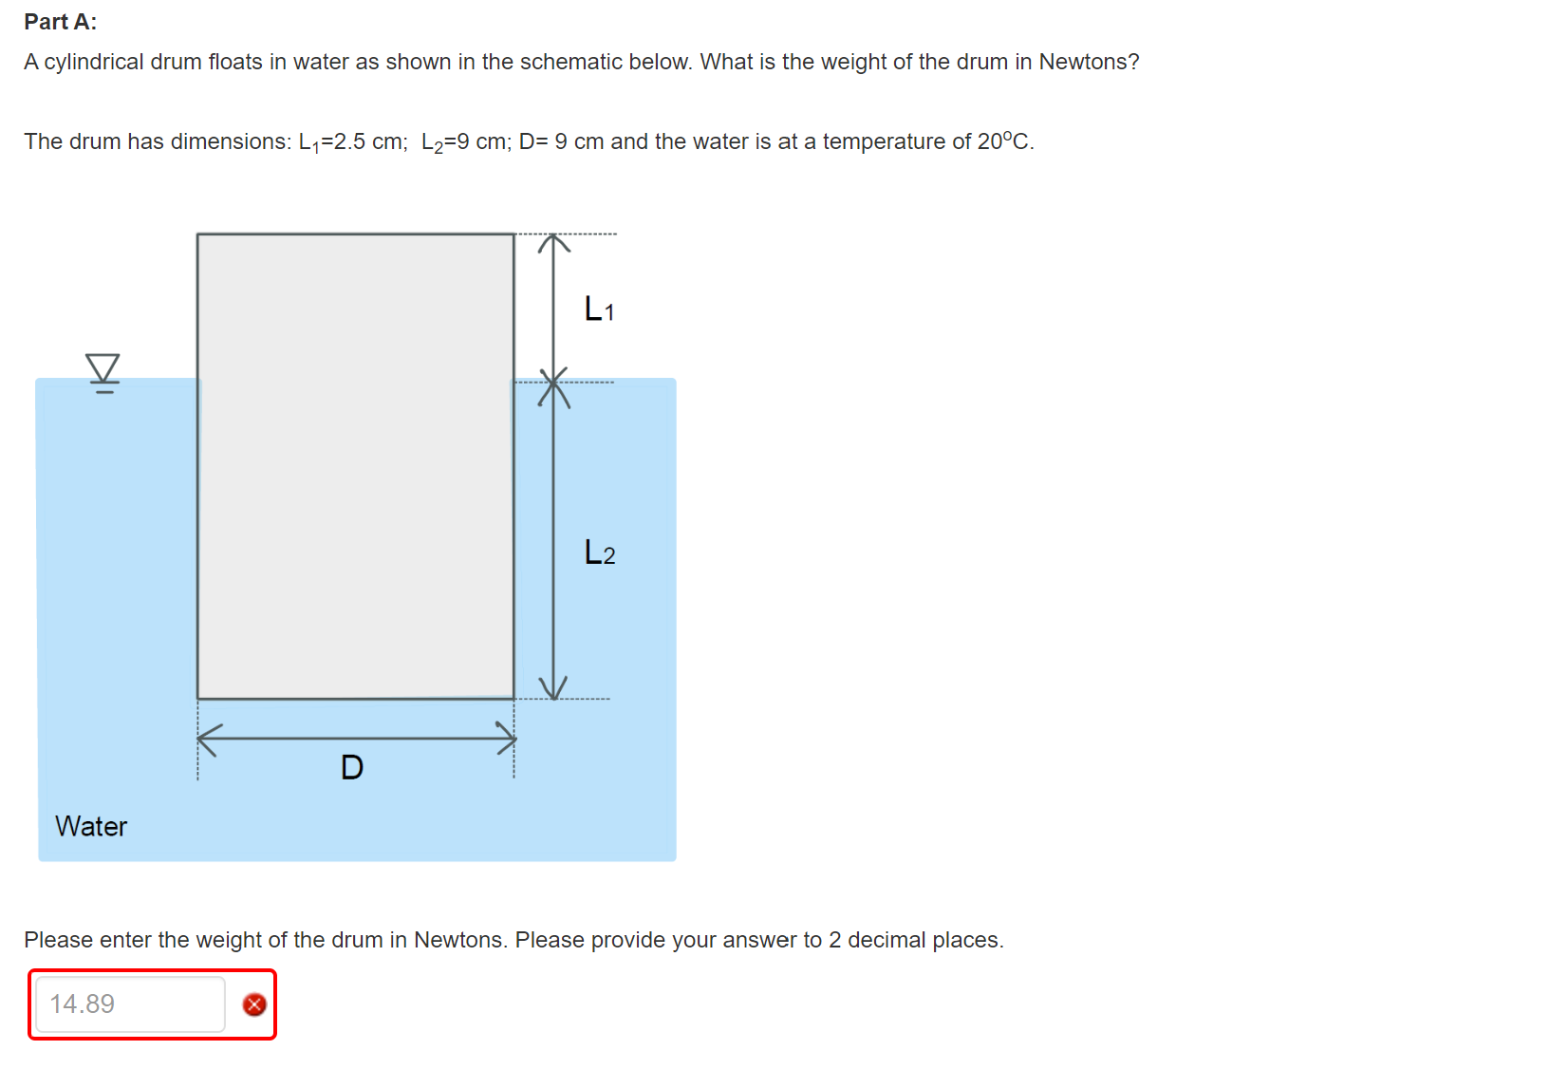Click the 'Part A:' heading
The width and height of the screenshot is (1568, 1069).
coord(61,22)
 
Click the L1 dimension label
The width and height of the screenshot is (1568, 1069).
coord(599,309)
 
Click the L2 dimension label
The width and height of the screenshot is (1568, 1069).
coord(599,553)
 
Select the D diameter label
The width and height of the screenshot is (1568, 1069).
coord(352,767)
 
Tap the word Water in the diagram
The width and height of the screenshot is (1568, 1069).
coord(91,826)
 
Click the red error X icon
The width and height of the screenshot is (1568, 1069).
coord(254,1004)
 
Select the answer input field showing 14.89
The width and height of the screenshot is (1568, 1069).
coord(130,1004)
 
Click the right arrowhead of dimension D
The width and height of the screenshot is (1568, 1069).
coord(507,738)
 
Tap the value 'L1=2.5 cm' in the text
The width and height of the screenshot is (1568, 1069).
coord(352,142)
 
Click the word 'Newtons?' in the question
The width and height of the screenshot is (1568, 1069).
coord(1089,62)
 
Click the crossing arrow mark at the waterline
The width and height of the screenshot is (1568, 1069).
coord(554,385)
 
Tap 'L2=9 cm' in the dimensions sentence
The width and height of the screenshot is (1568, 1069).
coord(463,142)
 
